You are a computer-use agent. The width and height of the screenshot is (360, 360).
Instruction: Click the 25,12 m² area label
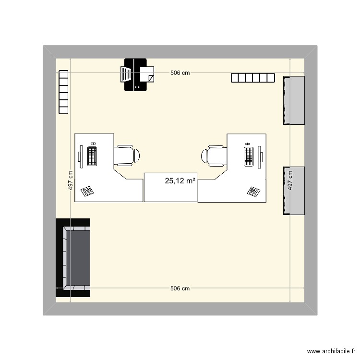tap(180, 181)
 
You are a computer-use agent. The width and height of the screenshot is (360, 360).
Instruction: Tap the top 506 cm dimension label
tap(180, 73)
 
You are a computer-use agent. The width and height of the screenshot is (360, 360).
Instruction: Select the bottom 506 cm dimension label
tap(180, 288)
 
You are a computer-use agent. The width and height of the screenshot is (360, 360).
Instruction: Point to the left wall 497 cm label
tap(71, 181)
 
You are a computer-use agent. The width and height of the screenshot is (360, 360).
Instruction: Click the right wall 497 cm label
tap(289, 181)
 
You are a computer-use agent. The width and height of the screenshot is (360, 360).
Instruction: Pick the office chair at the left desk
tap(127, 155)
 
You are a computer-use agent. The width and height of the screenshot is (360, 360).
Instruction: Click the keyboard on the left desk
tap(93, 155)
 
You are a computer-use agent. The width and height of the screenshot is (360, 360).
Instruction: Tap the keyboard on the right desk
tap(248, 156)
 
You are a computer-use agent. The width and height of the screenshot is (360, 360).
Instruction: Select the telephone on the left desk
tap(88, 191)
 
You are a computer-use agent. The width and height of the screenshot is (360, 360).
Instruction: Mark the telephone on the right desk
tap(253, 192)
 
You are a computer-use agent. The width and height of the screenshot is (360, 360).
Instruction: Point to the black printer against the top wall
tap(136, 74)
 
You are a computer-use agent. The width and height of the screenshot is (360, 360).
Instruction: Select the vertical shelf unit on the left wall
tap(63, 92)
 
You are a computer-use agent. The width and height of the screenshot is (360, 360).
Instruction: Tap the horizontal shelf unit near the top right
tap(252, 77)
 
